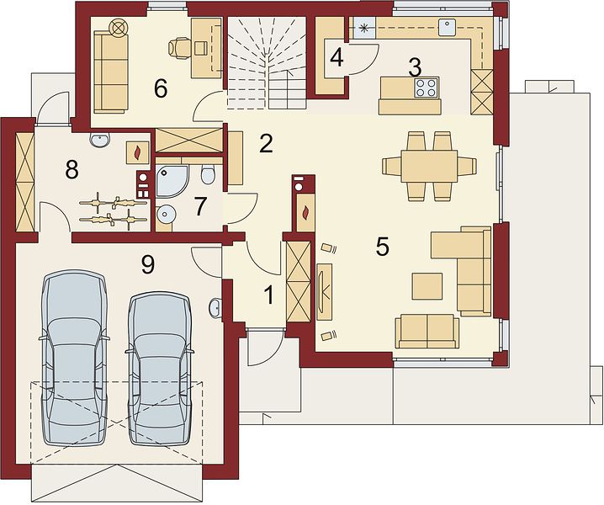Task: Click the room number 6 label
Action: point(160,89)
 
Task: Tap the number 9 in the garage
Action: point(148,265)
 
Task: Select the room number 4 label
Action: point(337,58)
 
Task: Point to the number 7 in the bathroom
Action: point(201,206)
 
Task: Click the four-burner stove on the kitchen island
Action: point(426,88)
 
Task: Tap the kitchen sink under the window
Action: point(448,27)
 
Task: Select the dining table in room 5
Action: point(429,166)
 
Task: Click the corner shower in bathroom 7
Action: point(173,180)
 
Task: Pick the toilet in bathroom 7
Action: point(208,175)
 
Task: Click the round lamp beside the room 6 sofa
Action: point(119,28)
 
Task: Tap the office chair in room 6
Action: point(178,49)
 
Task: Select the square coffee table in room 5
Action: point(427,286)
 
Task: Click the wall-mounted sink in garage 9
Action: point(215,307)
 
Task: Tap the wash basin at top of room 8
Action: point(100,140)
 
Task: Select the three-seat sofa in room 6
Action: point(110,73)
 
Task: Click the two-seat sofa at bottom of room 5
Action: point(427,331)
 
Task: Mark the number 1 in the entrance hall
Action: point(269,296)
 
